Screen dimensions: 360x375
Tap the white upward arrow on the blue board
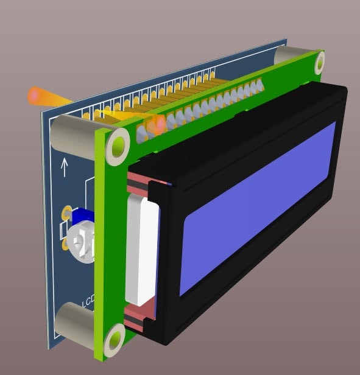[x=64, y=167]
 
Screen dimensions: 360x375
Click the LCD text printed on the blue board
[x=88, y=301]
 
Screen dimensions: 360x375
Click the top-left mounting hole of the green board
[x=118, y=147]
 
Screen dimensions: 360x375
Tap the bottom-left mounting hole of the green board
[x=115, y=340]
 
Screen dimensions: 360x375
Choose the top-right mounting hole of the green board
[x=320, y=63]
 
